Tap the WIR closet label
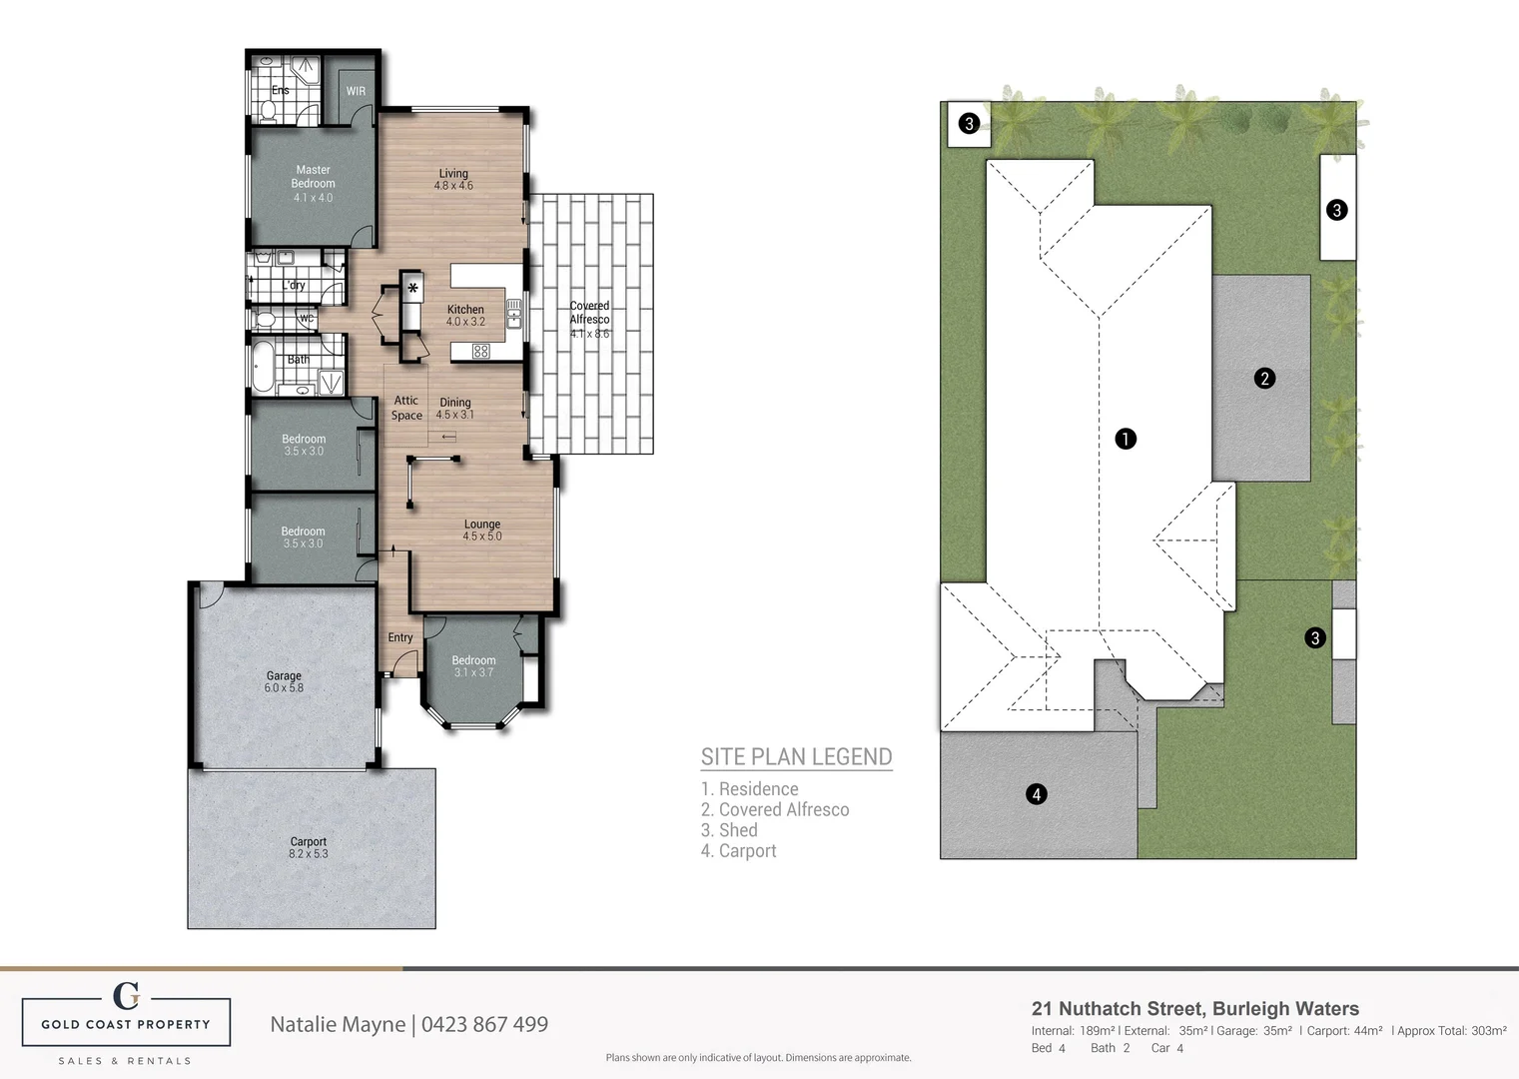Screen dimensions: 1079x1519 point(356,91)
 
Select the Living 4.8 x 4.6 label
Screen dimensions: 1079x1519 point(453,179)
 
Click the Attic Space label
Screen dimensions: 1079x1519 point(406,408)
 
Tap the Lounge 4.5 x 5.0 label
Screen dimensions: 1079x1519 point(482,530)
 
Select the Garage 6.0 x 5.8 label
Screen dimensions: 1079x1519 point(284,681)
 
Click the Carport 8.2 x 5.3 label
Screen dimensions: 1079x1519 point(309,847)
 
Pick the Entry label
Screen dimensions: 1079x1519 point(400,637)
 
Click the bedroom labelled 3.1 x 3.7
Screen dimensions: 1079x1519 point(473,665)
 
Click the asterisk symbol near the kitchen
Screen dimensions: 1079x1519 point(412,289)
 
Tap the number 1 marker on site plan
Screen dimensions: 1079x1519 point(1126,439)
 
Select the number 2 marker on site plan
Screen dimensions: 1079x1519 point(1264,379)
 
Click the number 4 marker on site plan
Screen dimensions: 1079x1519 point(1037,794)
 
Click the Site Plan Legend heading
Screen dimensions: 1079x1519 point(796,756)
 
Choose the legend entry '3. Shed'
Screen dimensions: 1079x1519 point(729,830)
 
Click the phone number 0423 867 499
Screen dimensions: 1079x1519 point(484,1024)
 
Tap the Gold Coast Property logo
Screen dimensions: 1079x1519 point(126,1021)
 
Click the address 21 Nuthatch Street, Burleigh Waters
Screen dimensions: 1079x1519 point(1194,1009)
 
